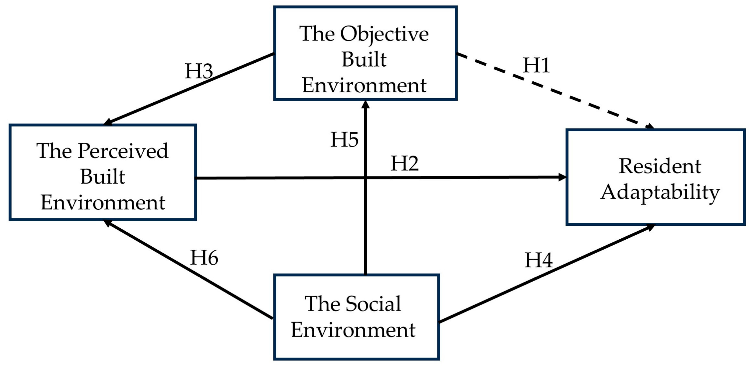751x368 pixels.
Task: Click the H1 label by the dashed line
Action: tap(536, 65)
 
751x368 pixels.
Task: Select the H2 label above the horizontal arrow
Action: tap(404, 164)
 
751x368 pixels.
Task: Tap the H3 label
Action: tap(199, 71)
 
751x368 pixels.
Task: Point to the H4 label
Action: tap(538, 260)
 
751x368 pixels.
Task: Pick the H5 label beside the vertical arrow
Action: tap(344, 140)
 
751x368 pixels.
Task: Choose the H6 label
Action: tap(204, 258)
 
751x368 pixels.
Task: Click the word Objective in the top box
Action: tap(384, 34)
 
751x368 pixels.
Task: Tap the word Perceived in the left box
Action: tap(123, 151)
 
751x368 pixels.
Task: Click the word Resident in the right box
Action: tap(660, 166)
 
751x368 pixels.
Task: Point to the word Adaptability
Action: tap(660, 193)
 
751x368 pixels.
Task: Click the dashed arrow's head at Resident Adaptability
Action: tap(649, 127)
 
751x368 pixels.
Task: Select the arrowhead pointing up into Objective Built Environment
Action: tap(366, 105)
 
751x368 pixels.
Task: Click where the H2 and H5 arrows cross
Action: tap(366, 178)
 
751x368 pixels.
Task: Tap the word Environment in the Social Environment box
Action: tap(353, 330)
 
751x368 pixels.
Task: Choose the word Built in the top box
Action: tap(364, 60)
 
